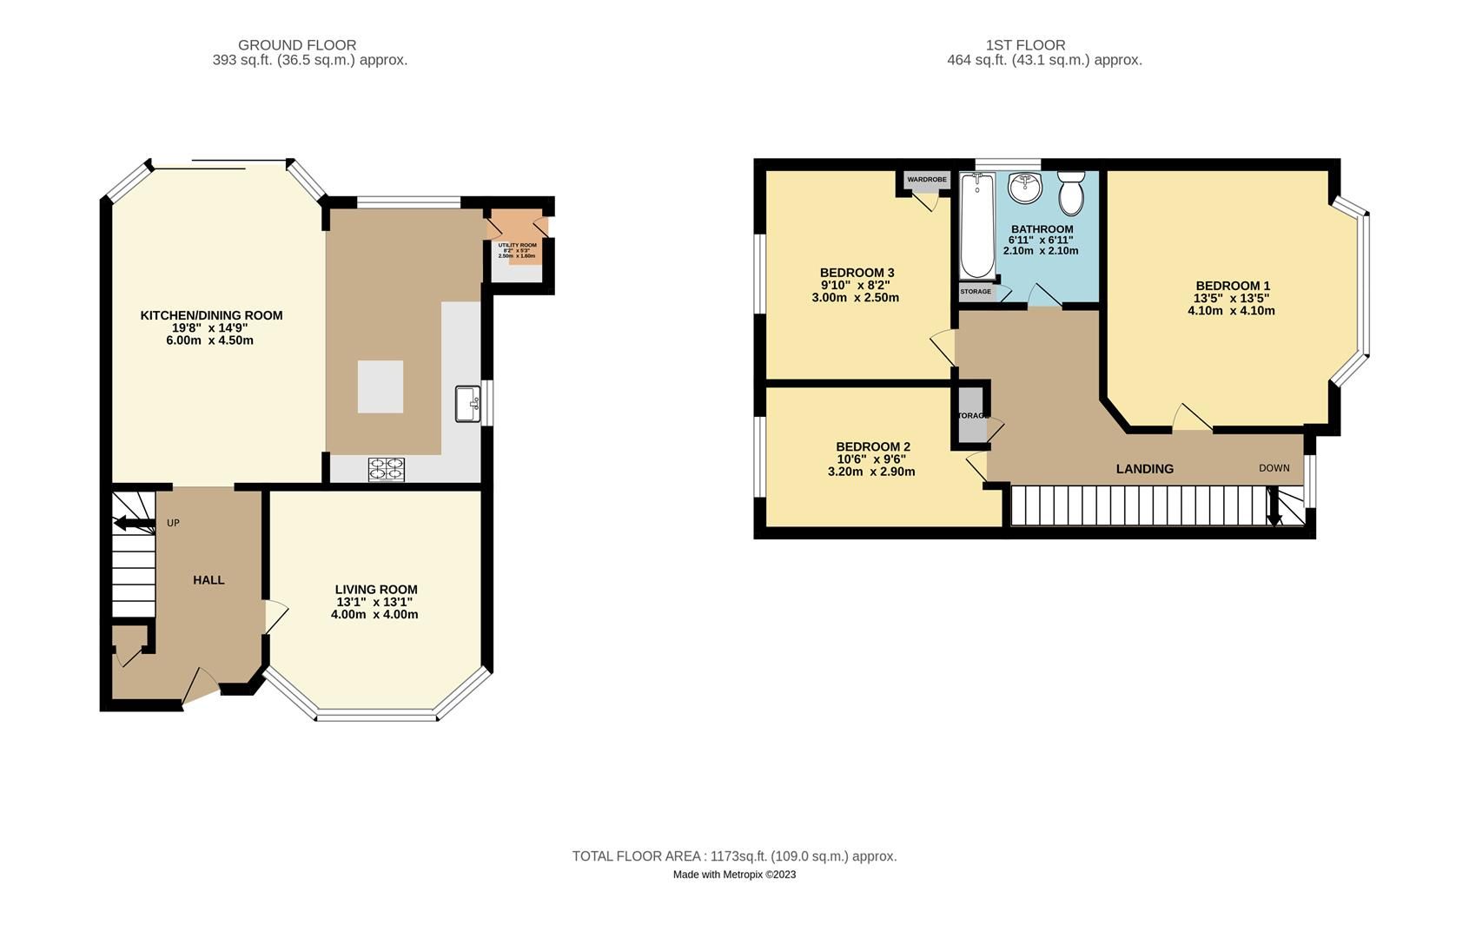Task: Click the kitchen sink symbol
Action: [x=467, y=404]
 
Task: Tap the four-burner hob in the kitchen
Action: [x=387, y=469]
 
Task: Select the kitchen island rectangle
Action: [x=380, y=386]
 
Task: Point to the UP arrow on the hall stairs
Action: [x=130, y=523]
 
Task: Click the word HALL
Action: [x=208, y=580]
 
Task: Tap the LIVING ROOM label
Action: [x=376, y=590]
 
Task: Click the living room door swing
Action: [x=275, y=617]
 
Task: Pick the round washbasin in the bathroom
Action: [x=1025, y=187]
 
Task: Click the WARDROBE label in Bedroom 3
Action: [x=927, y=180]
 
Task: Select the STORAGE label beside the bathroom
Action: [x=976, y=292]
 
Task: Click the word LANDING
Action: [x=1144, y=469]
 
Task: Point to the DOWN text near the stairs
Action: [x=1274, y=468]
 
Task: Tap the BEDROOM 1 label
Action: [x=1232, y=286]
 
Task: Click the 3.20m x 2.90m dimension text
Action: [x=871, y=472]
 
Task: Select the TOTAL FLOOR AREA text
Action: [x=734, y=856]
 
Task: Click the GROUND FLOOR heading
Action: [x=297, y=45]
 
